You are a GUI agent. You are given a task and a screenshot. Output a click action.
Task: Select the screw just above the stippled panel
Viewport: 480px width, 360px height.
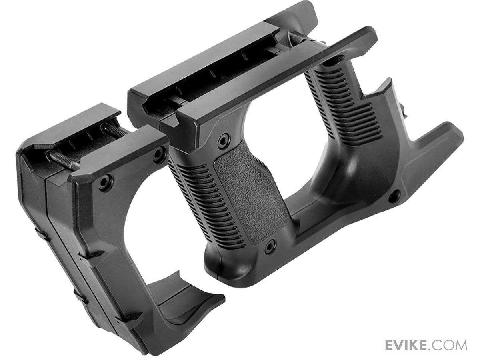point(224,140)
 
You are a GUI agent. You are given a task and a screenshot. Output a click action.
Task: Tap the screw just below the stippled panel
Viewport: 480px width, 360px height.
point(270,246)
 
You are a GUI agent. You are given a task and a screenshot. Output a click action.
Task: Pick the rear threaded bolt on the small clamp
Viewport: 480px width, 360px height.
point(113,130)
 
